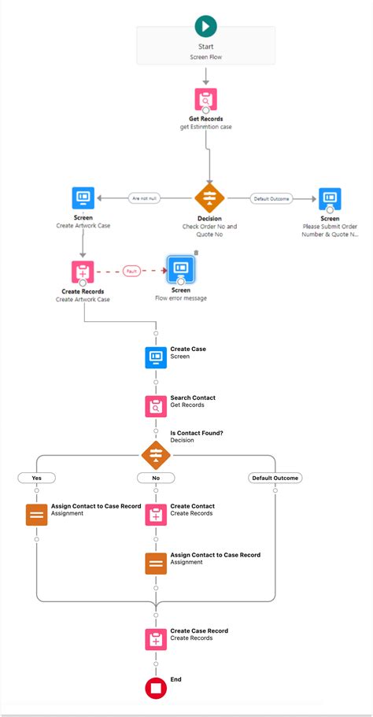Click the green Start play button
pos(206,27)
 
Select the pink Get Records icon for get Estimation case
pos(206,99)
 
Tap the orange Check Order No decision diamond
pos(209,198)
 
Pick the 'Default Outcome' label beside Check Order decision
pos(271,199)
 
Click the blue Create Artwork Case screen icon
pos(83,198)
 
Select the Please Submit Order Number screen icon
pos(330,198)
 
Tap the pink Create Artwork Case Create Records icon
pos(83,272)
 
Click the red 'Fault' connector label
pos(131,272)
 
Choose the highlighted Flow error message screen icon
pos(181,269)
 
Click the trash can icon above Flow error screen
pos(196,253)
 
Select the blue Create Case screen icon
pos(156,358)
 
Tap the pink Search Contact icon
pos(156,406)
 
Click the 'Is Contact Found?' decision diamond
pos(156,454)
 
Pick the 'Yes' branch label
pos(36,478)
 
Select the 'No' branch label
pos(156,478)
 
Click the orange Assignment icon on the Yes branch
pos(36,515)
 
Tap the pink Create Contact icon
pos(156,515)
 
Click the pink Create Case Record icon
pos(156,639)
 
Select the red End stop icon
pos(156,688)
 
